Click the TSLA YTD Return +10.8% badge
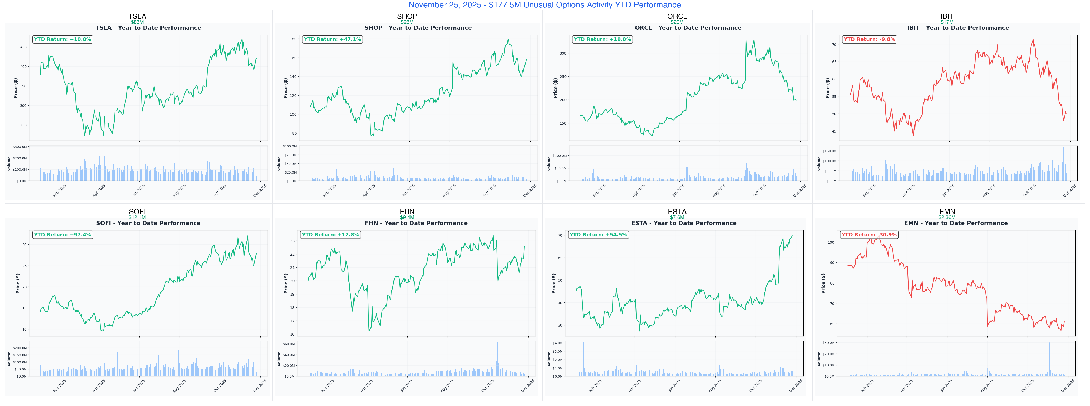click(x=62, y=39)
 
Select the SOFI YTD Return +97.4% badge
click(x=62, y=235)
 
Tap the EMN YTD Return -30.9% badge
click(x=869, y=235)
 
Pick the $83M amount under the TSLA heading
click(x=137, y=22)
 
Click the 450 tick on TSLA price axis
click(x=23, y=47)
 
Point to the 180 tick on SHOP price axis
click(x=293, y=39)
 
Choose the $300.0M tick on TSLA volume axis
click(x=20, y=147)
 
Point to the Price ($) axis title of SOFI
click(x=18, y=283)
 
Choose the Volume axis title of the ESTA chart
click(x=549, y=359)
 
